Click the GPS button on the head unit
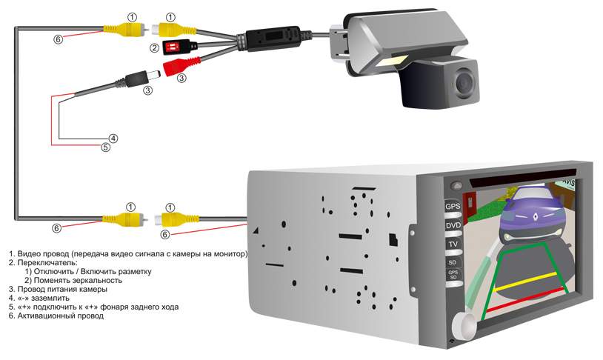tap(453, 207)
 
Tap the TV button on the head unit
tap(453, 244)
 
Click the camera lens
tap(464, 81)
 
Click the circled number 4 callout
tap(113, 138)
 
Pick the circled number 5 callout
tap(105, 147)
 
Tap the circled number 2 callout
tap(155, 48)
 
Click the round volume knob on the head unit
tap(465, 326)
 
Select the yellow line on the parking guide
tap(525, 281)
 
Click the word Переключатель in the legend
tap(47, 263)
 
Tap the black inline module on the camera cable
tap(273, 38)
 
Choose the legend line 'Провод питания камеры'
tap(58, 289)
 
